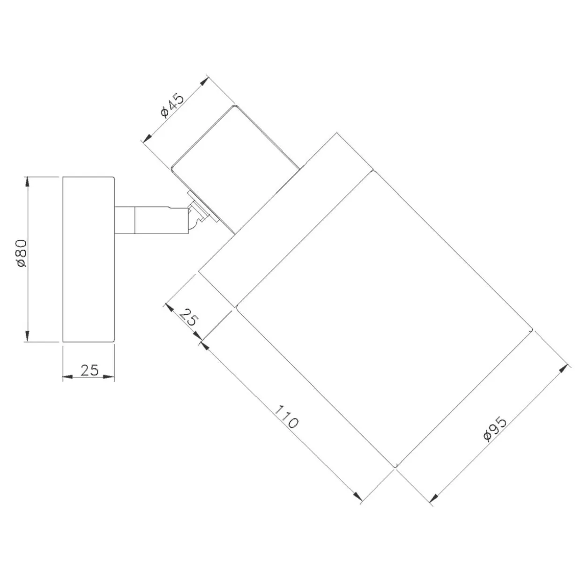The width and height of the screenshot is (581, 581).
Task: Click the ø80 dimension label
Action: (22, 253)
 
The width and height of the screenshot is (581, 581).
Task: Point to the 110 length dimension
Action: (286, 417)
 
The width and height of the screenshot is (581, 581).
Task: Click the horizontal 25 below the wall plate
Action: (89, 370)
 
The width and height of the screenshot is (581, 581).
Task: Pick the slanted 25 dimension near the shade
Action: (189, 317)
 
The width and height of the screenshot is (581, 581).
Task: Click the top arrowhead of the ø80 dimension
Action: (27, 182)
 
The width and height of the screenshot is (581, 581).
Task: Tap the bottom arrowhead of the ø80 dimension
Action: (27, 335)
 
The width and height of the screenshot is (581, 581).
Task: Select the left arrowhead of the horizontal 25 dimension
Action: (68, 377)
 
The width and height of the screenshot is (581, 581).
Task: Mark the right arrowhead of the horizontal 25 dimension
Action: (109, 377)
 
